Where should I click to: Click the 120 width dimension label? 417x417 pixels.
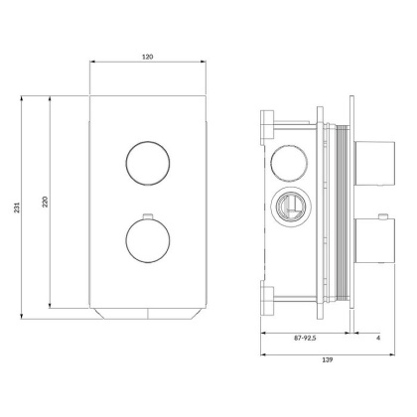[x=147, y=58]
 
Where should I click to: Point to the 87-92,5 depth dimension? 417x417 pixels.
[x=304, y=341]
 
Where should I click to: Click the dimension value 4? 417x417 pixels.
[x=378, y=341]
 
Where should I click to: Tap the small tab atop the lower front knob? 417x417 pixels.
[x=146, y=215]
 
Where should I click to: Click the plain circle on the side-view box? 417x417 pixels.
[x=288, y=161]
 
